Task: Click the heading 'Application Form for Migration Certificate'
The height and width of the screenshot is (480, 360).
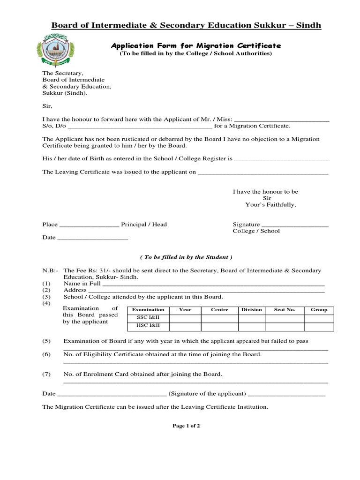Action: point(195,45)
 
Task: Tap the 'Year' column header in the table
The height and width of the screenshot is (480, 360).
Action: point(186,310)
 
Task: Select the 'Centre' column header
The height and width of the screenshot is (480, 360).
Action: point(219,310)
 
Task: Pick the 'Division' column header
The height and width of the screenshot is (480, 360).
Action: point(252,310)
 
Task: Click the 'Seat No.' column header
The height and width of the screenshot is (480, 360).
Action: point(285,310)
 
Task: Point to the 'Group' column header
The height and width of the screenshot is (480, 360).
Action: point(319,310)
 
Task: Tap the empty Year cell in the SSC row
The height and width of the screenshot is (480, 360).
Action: point(186,318)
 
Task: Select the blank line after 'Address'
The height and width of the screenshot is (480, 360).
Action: point(207,291)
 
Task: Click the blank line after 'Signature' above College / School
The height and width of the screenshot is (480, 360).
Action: point(295,225)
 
